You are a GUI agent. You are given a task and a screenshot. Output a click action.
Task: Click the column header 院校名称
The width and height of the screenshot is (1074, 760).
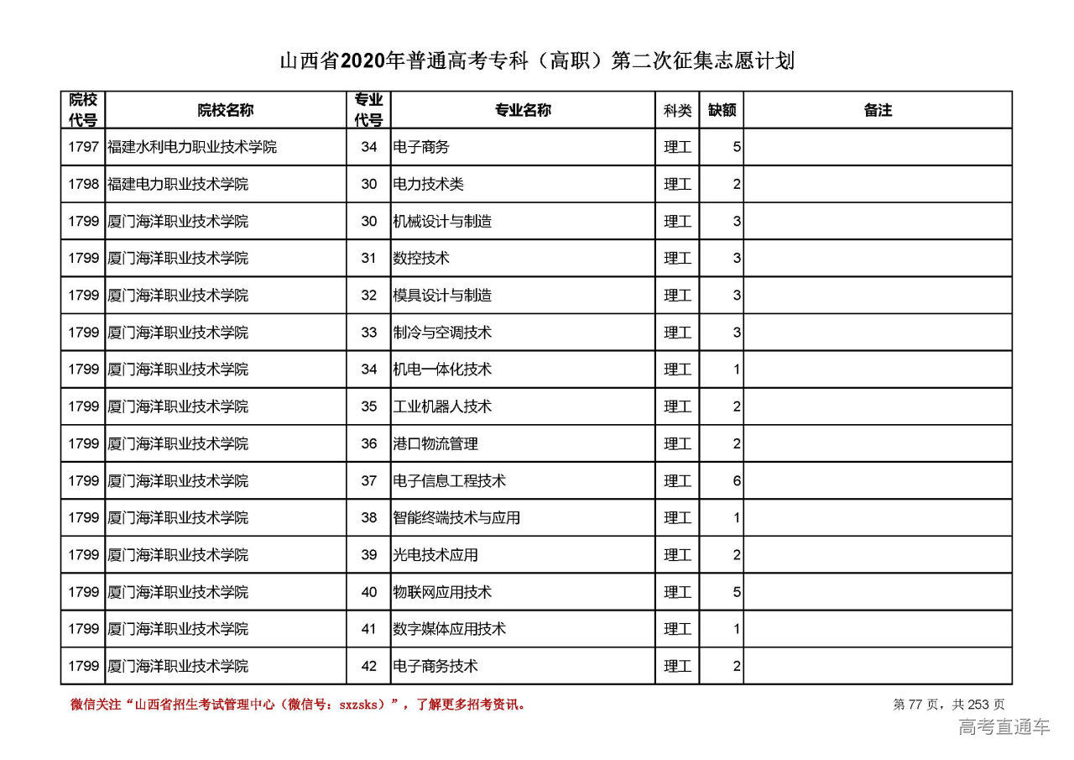point(226,110)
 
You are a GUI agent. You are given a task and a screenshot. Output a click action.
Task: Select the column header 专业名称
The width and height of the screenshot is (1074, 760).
point(522,110)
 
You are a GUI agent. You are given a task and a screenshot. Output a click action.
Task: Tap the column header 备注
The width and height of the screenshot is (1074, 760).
point(878,110)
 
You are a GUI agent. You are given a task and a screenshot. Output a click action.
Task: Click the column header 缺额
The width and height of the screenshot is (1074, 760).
point(722,110)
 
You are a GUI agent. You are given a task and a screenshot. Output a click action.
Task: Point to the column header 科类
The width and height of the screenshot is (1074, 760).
point(677,110)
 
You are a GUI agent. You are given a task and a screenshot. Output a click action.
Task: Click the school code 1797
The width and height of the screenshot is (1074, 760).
point(83,147)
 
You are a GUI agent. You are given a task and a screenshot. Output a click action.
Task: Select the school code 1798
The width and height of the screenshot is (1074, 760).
point(83,184)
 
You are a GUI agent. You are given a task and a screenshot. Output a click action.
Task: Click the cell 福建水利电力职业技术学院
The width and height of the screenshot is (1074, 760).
point(192,147)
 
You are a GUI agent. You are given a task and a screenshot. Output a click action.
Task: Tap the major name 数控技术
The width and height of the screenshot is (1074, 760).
point(421,258)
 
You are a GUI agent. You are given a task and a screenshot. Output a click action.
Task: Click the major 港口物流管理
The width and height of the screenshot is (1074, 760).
point(435,443)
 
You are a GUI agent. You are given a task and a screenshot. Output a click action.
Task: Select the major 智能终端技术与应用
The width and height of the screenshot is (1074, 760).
point(456,517)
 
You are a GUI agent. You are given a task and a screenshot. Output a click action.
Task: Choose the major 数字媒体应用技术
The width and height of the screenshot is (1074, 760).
point(450,629)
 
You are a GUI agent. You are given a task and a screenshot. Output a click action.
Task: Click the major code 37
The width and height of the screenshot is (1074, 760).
point(369,480)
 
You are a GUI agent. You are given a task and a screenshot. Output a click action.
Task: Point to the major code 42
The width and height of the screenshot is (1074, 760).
point(369,666)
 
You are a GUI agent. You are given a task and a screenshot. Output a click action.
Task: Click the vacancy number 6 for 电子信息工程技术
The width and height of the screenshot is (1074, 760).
point(737,480)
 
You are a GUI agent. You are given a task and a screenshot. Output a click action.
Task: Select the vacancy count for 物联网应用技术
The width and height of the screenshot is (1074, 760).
point(737,592)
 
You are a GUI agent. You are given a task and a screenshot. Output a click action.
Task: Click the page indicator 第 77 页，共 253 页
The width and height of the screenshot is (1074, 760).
point(949,705)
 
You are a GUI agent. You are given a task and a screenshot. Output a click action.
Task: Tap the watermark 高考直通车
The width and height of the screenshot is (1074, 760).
point(1004,727)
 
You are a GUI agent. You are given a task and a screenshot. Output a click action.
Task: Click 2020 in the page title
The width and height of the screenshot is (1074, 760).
point(373,61)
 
